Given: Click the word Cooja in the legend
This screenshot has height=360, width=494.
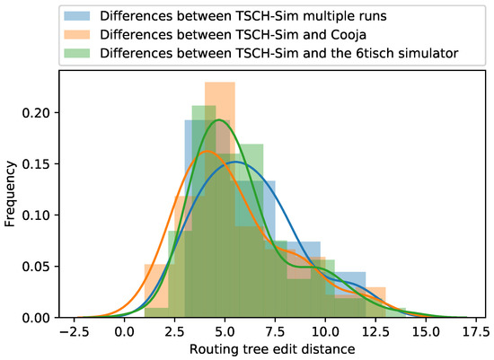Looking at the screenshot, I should click(342, 35).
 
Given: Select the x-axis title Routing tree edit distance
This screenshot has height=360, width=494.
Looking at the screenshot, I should click(269, 350).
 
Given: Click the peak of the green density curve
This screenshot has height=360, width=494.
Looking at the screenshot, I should click(217, 120).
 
